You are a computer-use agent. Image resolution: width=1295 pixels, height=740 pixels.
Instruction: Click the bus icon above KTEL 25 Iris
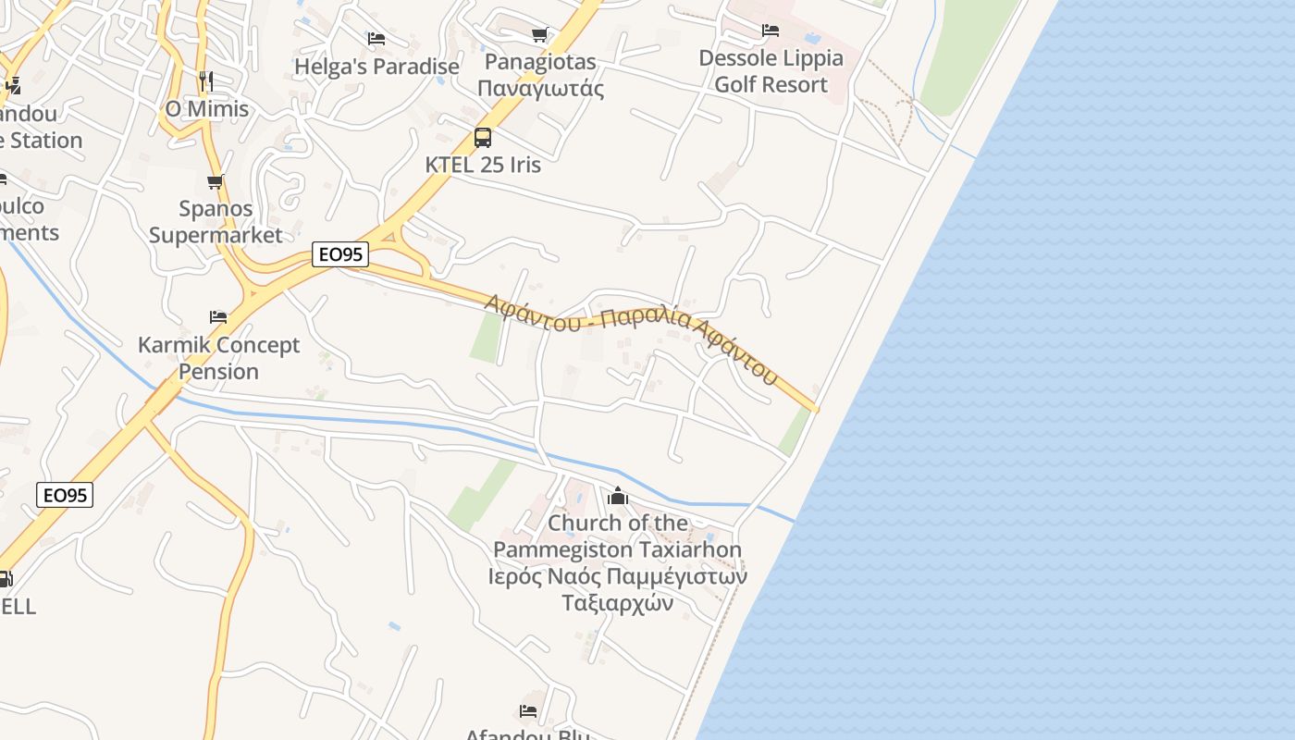482,138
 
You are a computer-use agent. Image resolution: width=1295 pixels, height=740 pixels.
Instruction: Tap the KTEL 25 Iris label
482,165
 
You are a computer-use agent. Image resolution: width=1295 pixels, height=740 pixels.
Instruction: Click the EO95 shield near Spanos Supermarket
340,253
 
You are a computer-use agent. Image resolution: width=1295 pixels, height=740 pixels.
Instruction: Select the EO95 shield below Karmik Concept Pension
65,495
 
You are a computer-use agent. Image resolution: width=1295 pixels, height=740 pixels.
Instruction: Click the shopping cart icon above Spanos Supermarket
216,181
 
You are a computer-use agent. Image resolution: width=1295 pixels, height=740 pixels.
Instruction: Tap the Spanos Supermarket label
216,222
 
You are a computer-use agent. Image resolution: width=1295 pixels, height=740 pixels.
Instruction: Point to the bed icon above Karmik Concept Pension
218,316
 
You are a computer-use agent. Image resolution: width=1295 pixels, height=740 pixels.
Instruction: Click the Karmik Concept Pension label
218,358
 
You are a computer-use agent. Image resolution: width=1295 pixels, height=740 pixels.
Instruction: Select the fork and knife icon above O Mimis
205,81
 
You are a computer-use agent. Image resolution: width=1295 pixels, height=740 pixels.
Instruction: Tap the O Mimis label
207,109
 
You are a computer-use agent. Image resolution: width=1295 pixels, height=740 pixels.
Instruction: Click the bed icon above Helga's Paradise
376,39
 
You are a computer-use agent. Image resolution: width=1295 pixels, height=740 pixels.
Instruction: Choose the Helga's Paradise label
376,67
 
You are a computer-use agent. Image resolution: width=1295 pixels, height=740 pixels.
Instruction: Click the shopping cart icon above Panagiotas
540,35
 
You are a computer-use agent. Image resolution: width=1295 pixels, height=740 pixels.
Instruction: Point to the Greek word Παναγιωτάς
541,89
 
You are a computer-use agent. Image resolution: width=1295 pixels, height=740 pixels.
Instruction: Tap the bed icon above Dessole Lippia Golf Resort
770,31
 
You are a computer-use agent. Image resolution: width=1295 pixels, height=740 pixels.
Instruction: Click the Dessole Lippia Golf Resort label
771,71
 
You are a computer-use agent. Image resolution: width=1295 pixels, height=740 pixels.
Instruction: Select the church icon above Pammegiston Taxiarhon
618,497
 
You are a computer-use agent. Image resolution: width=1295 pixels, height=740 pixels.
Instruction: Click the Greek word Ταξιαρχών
617,603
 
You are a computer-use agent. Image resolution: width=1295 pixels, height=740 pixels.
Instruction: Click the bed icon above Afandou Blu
528,710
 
